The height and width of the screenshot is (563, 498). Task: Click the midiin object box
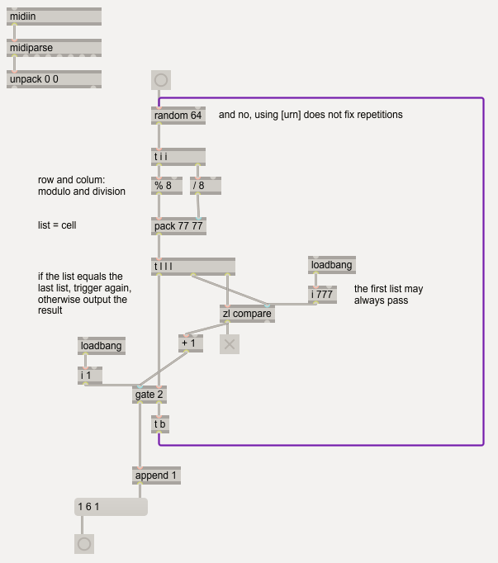click(x=54, y=17)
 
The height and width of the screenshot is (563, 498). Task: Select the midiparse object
click(x=54, y=48)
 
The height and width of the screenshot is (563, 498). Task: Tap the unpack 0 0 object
click(x=54, y=79)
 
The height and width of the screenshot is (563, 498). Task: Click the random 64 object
click(x=178, y=116)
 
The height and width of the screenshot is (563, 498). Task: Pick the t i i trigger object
click(x=178, y=157)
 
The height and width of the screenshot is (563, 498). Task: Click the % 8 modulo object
click(x=167, y=186)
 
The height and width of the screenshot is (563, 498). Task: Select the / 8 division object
click(x=206, y=186)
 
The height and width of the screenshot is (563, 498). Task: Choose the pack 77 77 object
click(x=178, y=226)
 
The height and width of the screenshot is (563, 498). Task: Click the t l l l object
click(x=193, y=267)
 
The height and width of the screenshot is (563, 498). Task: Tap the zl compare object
click(x=247, y=314)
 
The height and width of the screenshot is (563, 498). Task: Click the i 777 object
click(x=322, y=295)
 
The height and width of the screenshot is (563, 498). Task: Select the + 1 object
click(x=191, y=343)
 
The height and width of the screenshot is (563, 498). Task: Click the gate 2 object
click(x=149, y=395)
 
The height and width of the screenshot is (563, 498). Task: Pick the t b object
click(x=160, y=424)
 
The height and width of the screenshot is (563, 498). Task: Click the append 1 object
click(x=156, y=475)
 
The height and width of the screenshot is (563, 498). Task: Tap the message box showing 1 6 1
click(x=111, y=507)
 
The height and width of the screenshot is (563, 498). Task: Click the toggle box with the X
click(x=230, y=344)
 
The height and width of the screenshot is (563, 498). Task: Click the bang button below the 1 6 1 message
click(x=84, y=544)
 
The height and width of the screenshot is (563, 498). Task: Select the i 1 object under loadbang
click(x=90, y=376)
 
